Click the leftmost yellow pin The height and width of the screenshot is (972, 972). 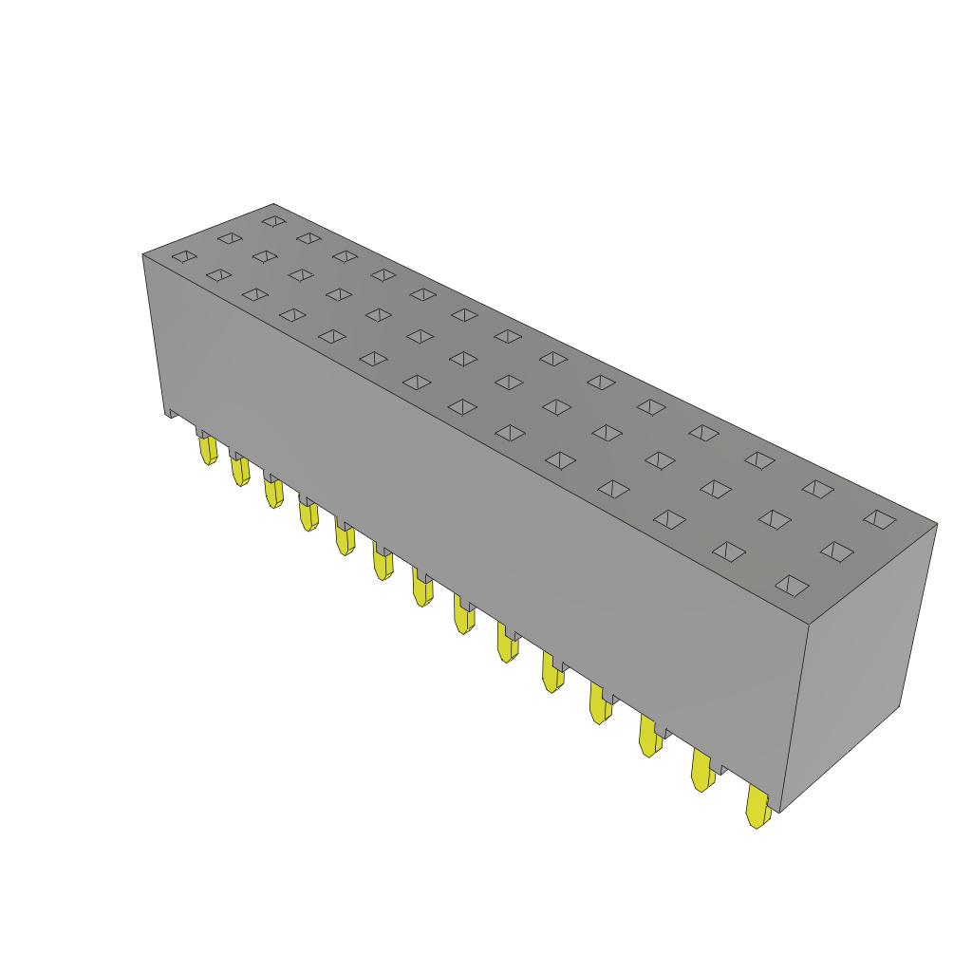click(208, 449)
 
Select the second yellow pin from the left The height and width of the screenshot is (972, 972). click(240, 470)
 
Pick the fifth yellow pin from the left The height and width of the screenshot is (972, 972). click(345, 539)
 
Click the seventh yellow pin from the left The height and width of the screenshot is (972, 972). click(421, 589)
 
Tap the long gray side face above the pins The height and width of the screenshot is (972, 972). click(475, 522)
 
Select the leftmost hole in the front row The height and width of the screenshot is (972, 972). click(184, 256)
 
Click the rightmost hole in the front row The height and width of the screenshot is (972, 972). click(792, 586)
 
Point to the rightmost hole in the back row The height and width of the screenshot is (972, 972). click(880, 519)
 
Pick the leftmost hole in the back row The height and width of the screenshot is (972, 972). click(274, 221)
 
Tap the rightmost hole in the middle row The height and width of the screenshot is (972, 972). click(837, 551)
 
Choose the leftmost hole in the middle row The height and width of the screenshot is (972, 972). click(230, 238)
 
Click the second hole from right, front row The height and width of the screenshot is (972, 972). click(729, 551)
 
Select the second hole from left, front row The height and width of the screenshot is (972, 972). click(218, 275)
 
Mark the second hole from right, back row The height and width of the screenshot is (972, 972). click(817, 489)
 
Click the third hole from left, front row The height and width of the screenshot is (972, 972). click(254, 294)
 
